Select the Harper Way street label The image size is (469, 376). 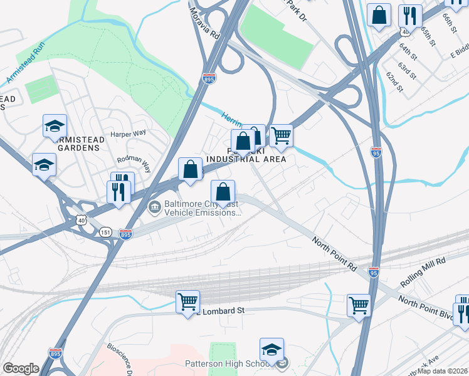pos(128,133)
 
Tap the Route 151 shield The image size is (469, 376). pos(105,232)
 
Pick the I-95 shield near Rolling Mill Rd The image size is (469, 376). pos(374,273)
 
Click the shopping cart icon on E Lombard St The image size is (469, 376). pos(187,301)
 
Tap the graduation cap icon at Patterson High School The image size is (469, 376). pos(271,349)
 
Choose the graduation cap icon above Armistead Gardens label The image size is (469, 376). pos(55,125)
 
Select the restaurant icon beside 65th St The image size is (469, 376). pos(409,16)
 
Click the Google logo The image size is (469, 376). pos(21,368)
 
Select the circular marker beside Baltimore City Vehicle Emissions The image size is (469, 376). pos(154,206)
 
